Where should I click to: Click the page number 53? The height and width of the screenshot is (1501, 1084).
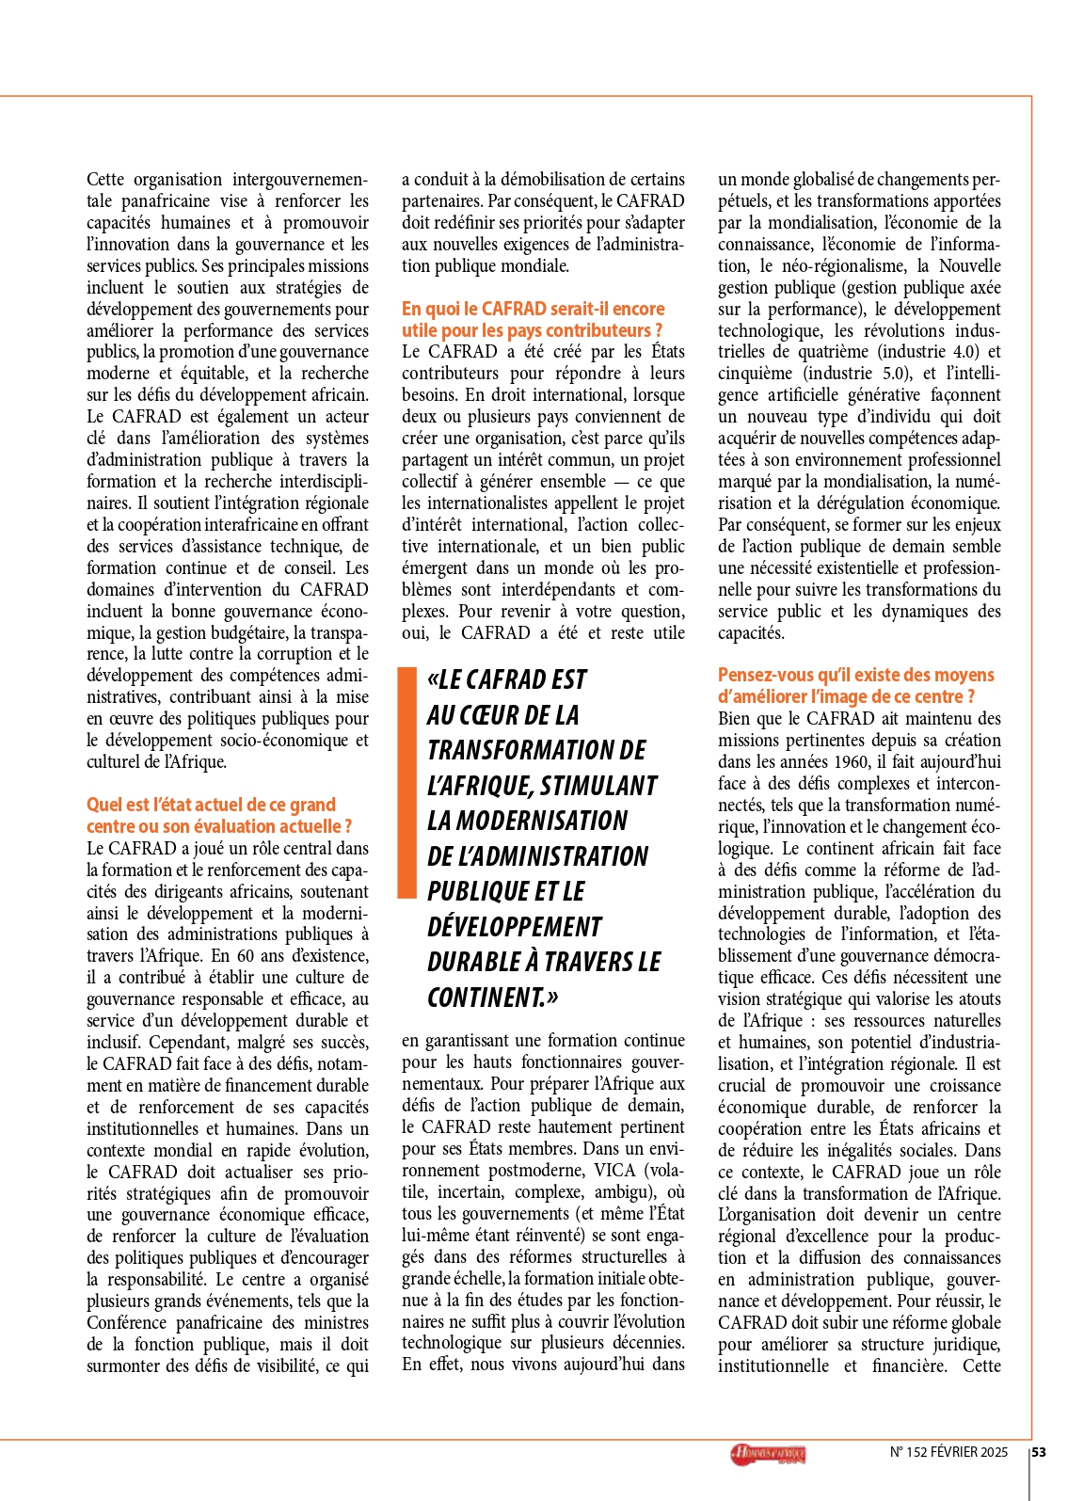[x=1039, y=1452]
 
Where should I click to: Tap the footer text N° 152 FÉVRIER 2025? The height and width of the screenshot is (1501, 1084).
[x=948, y=1452]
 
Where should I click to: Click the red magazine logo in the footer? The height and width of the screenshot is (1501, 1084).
[x=768, y=1454]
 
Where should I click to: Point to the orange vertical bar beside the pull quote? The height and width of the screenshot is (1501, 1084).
[x=406, y=781]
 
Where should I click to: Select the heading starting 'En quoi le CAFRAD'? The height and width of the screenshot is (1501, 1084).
[x=533, y=319]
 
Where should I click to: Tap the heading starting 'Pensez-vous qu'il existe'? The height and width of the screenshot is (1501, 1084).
[x=855, y=685]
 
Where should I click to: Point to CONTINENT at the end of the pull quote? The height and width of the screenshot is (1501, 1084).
[x=486, y=998]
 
